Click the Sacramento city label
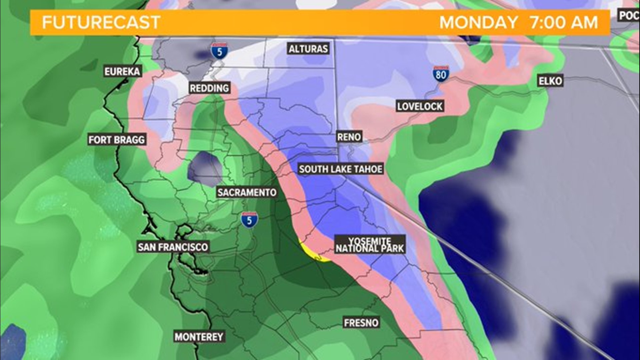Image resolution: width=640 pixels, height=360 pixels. coord(247,192)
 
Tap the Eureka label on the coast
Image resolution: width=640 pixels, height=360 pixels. coord(122,71)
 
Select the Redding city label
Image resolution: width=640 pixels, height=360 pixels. coord(209,88)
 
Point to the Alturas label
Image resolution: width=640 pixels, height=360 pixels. coord(308,49)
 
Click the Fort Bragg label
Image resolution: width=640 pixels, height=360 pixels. coord(117,139)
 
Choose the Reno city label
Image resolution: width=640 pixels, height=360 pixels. coord(349,137)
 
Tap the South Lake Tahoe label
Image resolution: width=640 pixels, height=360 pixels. coord(340,169)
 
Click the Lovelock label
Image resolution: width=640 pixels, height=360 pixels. coord(420,106)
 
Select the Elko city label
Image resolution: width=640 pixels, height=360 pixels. coord(550,81)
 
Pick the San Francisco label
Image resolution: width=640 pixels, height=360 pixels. coord(173,247)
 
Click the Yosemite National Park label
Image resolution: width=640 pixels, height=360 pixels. coord(370,245)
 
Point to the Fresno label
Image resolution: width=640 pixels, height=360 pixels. coord(361,323)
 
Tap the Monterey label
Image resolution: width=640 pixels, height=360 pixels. coord(199,337)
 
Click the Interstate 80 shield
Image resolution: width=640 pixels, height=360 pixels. coord(441,74)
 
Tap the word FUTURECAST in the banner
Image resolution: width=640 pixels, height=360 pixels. coord(101,23)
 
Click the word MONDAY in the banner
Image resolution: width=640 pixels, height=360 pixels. coord(478,23)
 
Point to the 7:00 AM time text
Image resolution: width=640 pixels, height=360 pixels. coord(564,23)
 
